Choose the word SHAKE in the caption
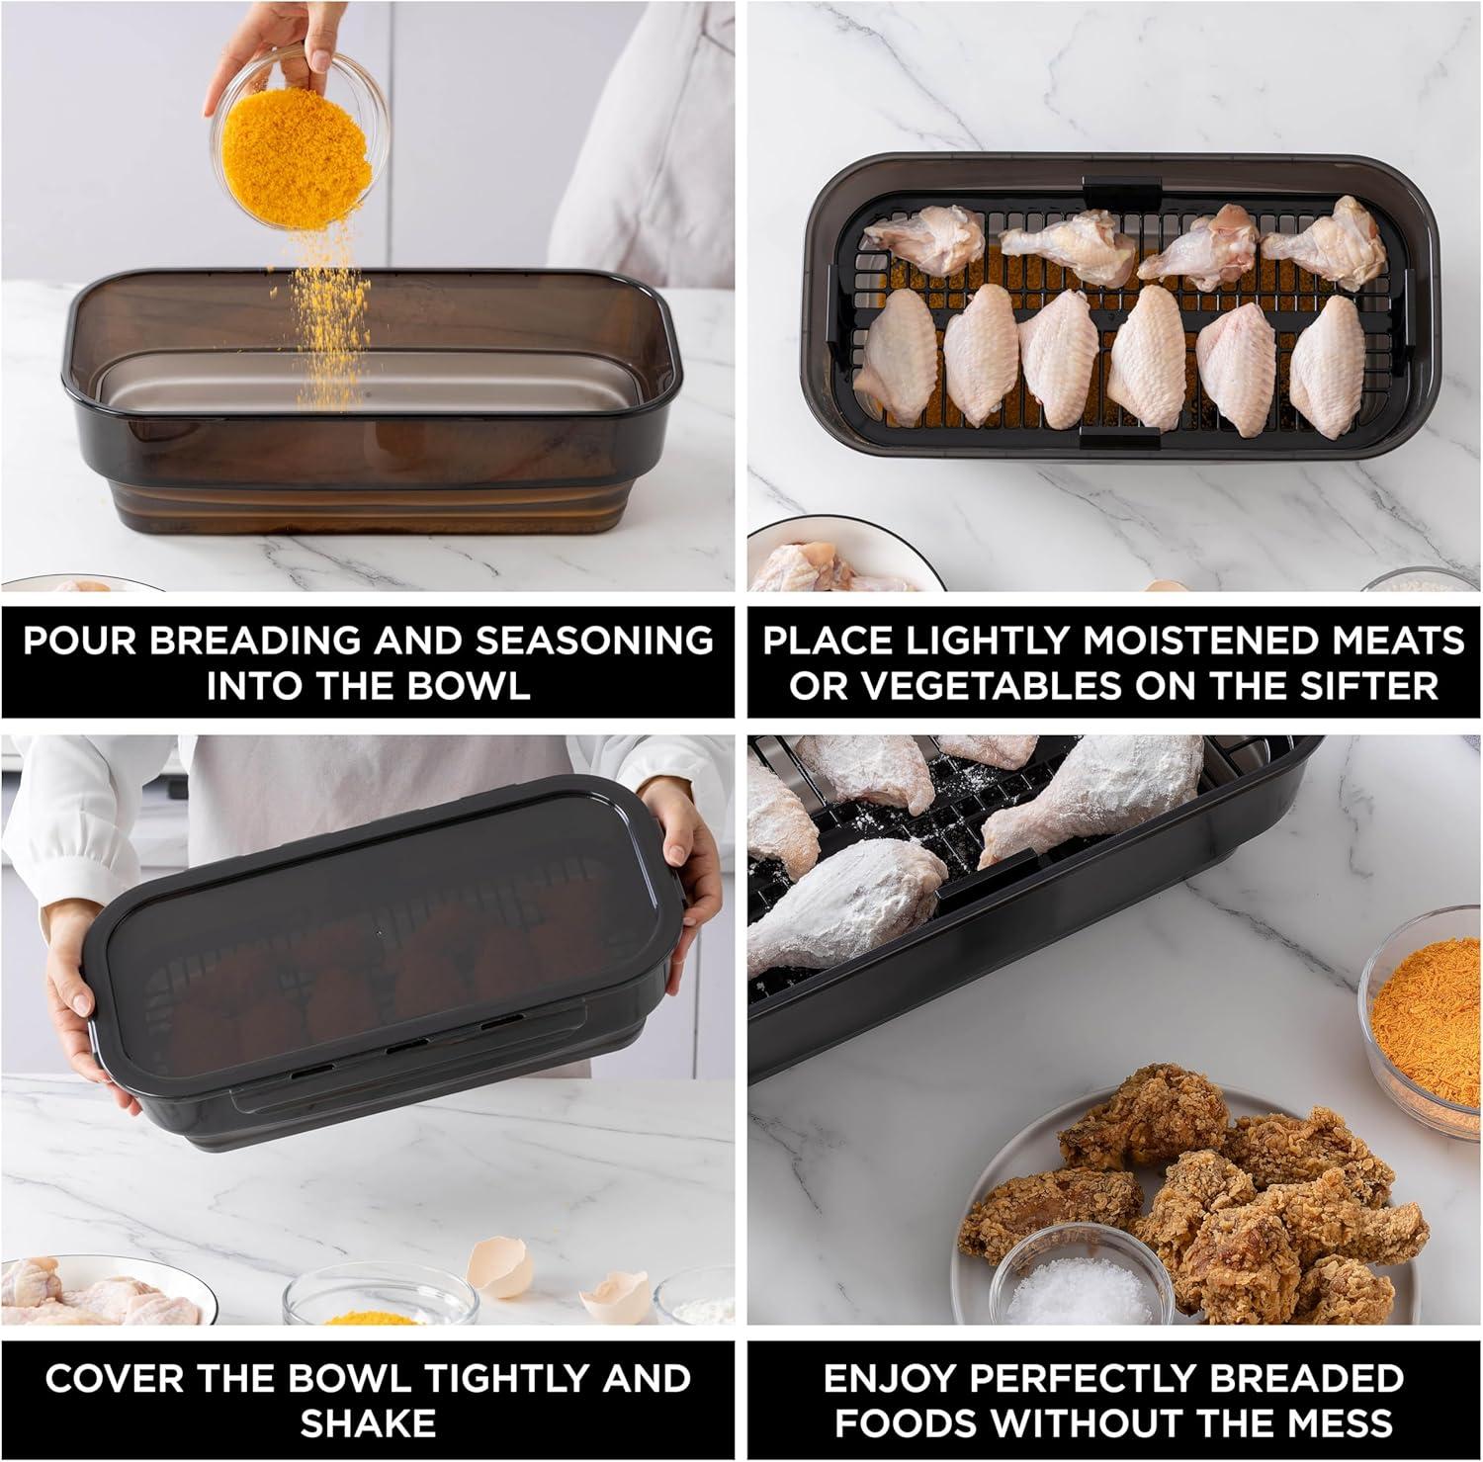pos(368,1423)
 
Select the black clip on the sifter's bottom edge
pos(1119,437)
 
